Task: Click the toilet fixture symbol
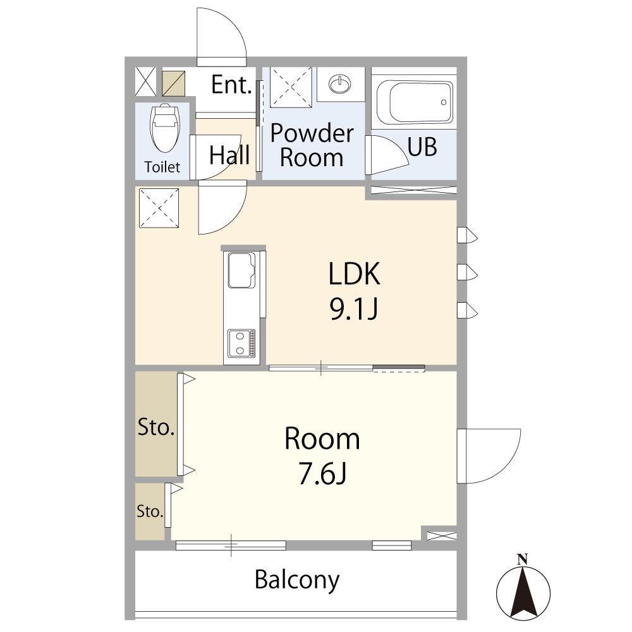click(x=164, y=128)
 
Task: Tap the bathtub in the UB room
click(x=415, y=102)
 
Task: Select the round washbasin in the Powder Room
click(x=340, y=84)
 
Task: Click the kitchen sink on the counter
click(x=241, y=270)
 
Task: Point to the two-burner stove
click(x=241, y=343)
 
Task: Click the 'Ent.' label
click(x=232, y=85)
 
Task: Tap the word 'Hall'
click(x=229, y=155)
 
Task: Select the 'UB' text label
click(x=422, y=147)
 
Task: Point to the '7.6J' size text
click(x=322, y=474)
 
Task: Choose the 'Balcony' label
click(x=297, y=580)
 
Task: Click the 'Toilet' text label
click(x=162, y=167)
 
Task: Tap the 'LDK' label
click(x=355, y=274)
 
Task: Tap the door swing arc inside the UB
click(x=396, y=150)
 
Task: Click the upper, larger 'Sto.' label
click(x=156, y=427)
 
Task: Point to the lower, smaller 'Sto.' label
click(x=150, y=511)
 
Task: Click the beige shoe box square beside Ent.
click(x=174, y=83)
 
